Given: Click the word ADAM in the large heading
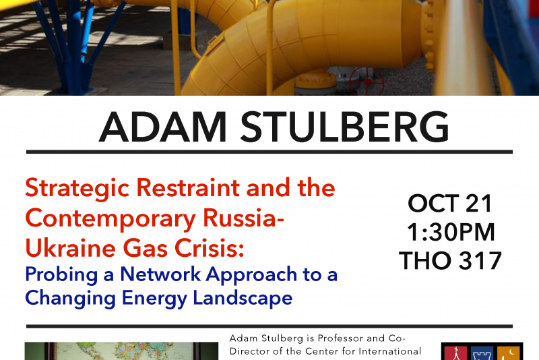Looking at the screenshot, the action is (x=162, y=127).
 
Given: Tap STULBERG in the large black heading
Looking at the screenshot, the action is (x=344, y=127).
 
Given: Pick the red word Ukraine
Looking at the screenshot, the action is (x=71, y=248).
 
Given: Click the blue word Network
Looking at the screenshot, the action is (x=160, y=274).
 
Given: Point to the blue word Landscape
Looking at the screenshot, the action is (x=243, y=299).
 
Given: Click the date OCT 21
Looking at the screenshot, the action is (x=450, y=204).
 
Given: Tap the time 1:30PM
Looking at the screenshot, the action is (x=451, y=232).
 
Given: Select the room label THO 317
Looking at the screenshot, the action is (x=450, y=261).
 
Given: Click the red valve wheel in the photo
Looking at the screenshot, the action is (x=367, y=81).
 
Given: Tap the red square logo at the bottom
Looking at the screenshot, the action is (x=455, y=353).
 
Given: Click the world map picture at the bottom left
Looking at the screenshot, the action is (x=121, y=351).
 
